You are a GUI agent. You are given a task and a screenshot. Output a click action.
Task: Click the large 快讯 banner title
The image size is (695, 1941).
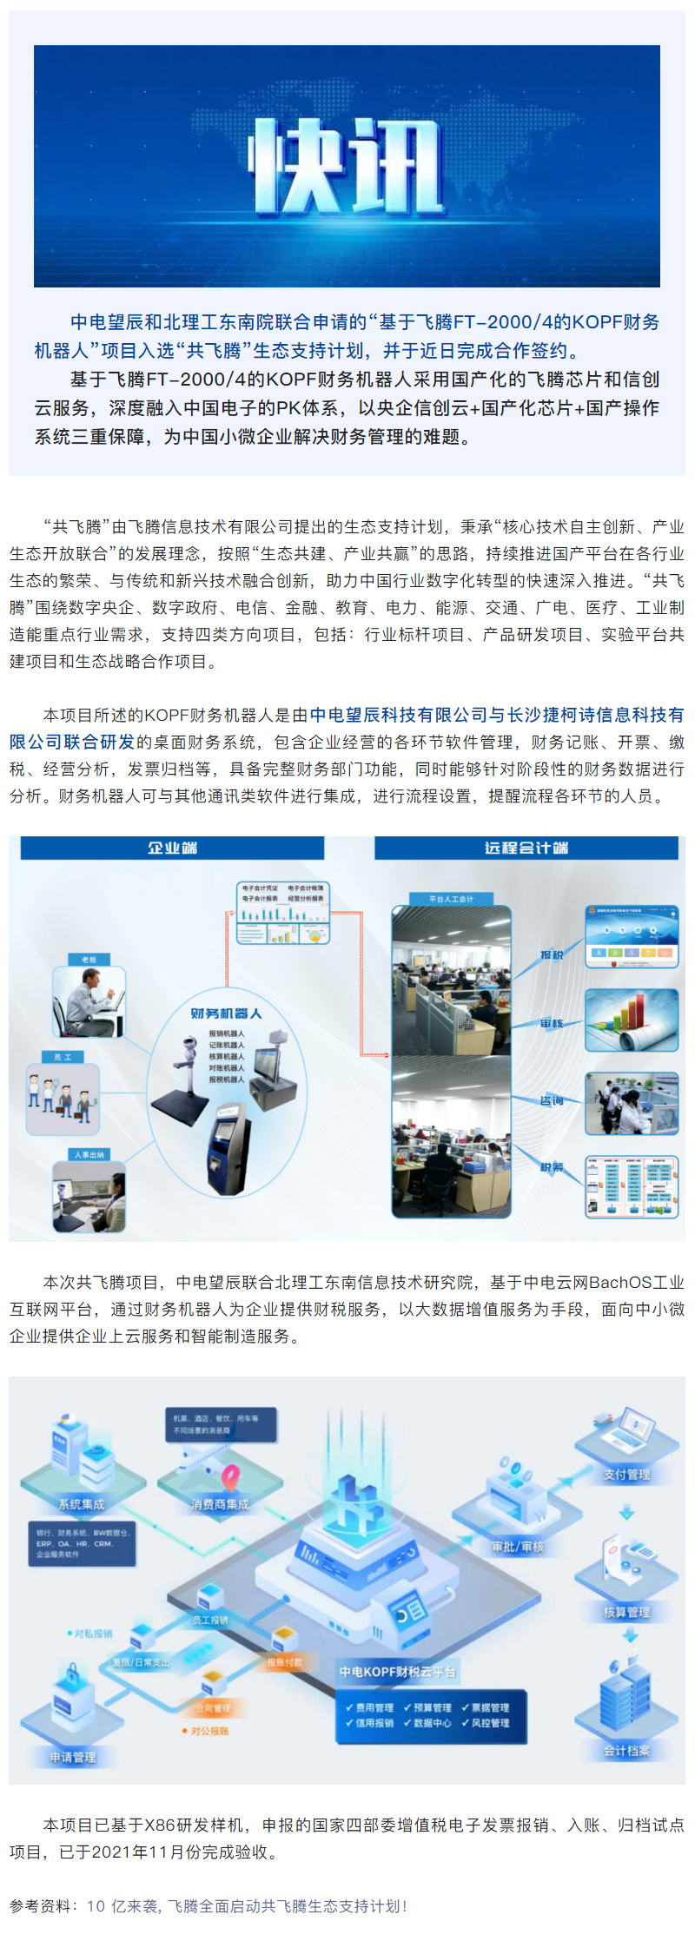(x=347, y=165)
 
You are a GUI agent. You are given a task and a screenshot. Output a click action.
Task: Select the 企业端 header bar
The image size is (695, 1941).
(x=172, y=848)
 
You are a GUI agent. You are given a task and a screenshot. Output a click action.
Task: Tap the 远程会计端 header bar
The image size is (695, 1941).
(x=526, y=848)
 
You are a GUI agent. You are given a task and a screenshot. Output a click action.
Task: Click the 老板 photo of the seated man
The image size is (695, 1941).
(x=89, y=1001)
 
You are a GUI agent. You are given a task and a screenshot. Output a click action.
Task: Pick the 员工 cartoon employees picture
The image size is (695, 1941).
(x=63, y=1099)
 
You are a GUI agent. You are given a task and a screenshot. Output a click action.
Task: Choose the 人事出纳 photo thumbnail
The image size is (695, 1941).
(x=89, y=1197)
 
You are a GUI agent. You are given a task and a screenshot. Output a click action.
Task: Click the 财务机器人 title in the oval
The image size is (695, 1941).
(x=226, y=1013)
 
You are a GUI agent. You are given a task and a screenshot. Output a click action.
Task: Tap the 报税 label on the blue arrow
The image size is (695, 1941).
(x=552, y=954)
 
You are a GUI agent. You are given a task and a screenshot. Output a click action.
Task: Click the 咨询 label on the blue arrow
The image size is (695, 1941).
(x=552, y=1100)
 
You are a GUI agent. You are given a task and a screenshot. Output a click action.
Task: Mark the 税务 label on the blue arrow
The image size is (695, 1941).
(x=552, y=1167)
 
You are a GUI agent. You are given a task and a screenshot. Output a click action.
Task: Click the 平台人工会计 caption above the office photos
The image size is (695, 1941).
(x=451, y=899)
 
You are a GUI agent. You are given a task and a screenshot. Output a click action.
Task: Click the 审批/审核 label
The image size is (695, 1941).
(x=518, y=1547)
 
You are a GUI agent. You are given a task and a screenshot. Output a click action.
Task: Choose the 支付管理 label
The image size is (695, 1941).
(x=626, y=1475)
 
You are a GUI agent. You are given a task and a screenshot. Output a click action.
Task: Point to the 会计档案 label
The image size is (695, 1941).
(x=626, y=1751)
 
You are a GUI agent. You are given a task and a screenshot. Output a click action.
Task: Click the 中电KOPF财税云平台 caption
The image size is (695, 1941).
(x=397, y=1672)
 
